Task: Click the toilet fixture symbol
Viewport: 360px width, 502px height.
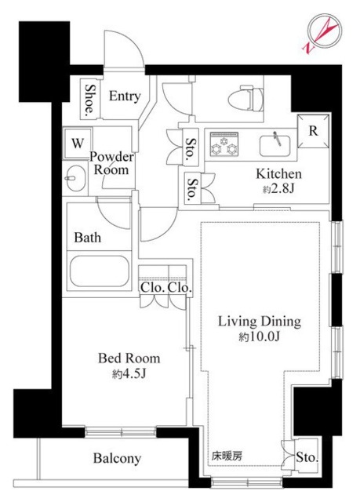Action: tap(252, 98)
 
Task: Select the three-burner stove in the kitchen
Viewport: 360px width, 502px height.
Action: tap(224, 144)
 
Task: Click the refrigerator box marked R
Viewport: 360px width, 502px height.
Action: tap(313, 131)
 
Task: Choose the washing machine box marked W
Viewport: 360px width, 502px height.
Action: tap(77, 143)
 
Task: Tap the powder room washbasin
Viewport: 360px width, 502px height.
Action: tap(75, 178)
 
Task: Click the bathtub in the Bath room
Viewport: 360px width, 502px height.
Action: tap(99, 271)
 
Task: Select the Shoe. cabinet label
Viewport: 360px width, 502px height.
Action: tap(90, 100)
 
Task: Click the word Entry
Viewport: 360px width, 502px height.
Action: tap(125, 96)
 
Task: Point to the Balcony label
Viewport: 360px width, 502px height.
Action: tap(117, 458)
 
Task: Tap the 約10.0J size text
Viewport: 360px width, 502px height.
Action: tap(259, 336)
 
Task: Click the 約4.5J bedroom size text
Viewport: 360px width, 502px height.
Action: tap(129, 373)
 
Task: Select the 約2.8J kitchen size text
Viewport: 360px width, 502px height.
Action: tap(278, 189)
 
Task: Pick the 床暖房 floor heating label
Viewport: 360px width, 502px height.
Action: tap(227, 456)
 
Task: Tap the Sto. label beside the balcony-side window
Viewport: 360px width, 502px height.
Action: tap(307, 457)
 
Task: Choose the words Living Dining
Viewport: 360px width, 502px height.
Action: tap(260, 322)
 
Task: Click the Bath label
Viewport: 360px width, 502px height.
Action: tap(87, 238)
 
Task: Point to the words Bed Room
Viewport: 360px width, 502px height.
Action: tap(129, 358)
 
